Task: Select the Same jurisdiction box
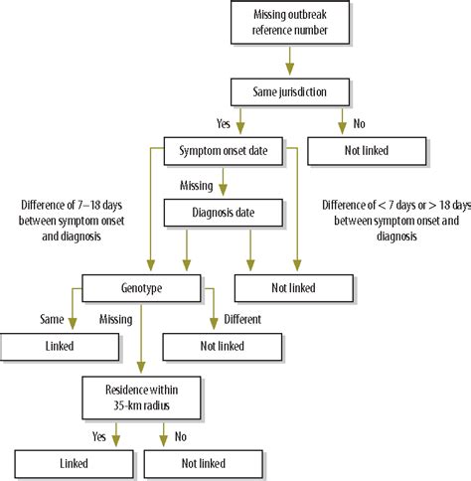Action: point(289,92)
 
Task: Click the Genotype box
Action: point(143,288)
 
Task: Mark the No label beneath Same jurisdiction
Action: point(360,124)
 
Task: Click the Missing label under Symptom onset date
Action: point(198,184)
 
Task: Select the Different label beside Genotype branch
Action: point(242,320)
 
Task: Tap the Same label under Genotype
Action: point(51,320)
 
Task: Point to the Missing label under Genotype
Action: point(118,320)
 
